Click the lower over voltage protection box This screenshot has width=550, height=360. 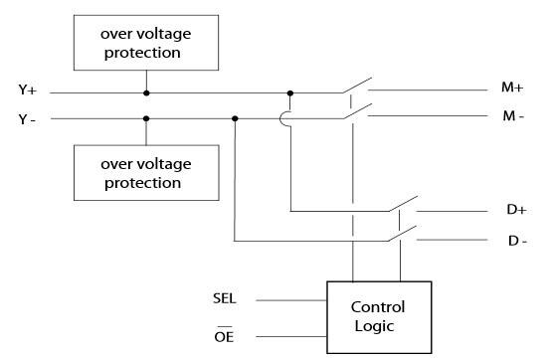146,173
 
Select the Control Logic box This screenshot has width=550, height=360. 379,316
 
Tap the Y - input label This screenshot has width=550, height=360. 28,118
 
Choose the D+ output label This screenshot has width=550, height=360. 514,211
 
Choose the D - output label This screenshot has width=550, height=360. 514,240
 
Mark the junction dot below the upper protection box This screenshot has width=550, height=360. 147,93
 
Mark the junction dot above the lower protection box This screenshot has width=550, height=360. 147,118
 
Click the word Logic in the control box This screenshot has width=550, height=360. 379,326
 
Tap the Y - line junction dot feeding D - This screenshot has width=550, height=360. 235,118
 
